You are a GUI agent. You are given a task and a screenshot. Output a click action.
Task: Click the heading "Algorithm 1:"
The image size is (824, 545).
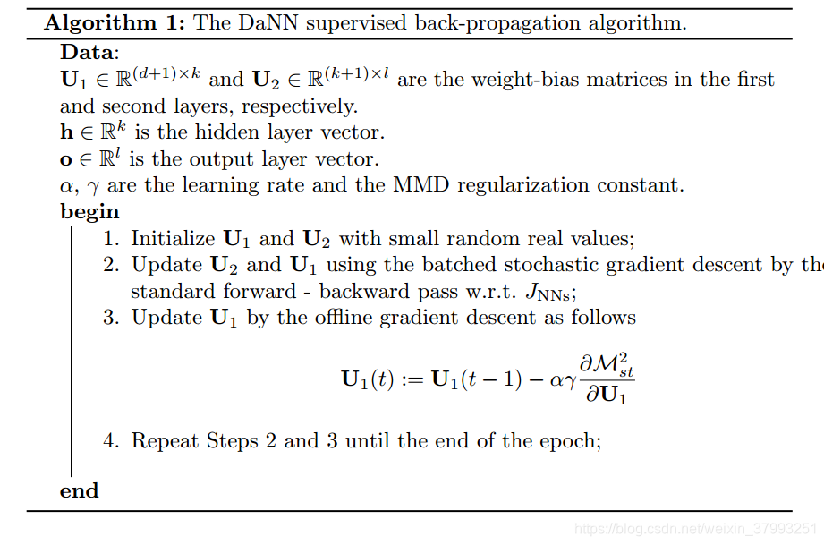pos(115,23)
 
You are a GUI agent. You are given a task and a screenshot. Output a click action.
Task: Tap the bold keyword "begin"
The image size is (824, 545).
pos(89,212)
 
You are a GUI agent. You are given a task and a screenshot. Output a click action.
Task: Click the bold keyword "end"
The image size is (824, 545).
pos(80,490)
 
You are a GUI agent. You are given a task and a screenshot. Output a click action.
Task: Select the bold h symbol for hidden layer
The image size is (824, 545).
pos(67,132)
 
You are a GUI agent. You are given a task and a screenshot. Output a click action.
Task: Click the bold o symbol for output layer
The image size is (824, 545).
pos(66,159)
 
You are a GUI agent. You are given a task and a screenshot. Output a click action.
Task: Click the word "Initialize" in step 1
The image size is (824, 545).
pos(173,239)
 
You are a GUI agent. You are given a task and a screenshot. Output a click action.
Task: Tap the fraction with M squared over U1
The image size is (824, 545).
pos(606,379)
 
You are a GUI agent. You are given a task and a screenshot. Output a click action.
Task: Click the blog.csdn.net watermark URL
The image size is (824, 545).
pos(695,529)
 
